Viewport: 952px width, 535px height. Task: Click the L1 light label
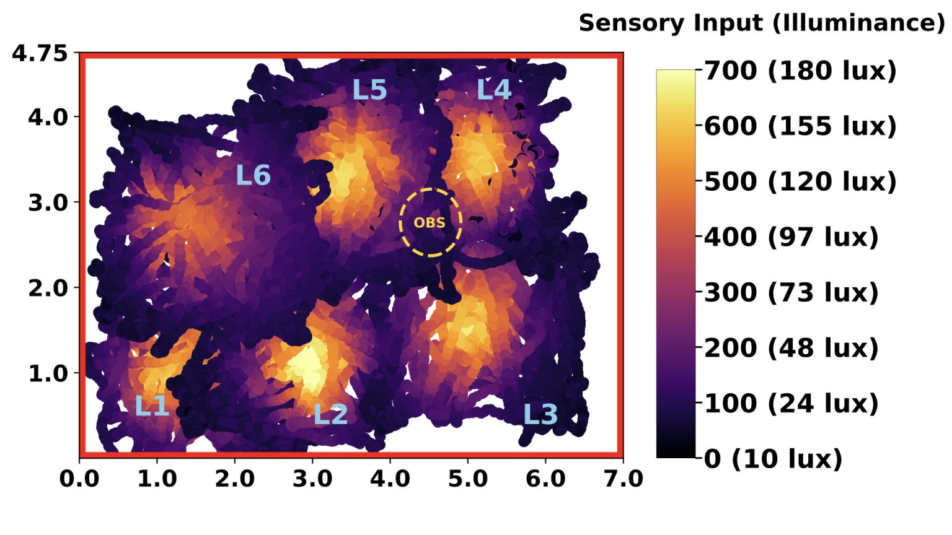tap(152, 406)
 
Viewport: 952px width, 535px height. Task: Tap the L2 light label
tap(330, 414)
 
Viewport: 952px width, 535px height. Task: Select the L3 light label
tap(540, 414)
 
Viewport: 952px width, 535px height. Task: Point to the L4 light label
tap(494, 90)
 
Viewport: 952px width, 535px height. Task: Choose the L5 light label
tap(369, 90)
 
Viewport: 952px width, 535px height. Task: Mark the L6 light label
tap(253, 176)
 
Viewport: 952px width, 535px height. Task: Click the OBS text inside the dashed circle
tap(430, 223)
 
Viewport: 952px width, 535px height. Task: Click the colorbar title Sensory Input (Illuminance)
tap(762, 23)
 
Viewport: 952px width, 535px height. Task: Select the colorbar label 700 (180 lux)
tap(800, 71)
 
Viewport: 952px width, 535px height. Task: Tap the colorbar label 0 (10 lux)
tap(773, 459)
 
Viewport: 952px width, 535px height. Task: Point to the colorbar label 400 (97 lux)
tap(791, 237)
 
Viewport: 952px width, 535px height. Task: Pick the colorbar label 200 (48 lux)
tap(791, 348)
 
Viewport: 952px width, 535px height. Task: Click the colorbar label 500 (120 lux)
tap(800, 181)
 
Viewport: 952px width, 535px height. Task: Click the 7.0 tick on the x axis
tap(622, 479)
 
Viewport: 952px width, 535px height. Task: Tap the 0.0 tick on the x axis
tap(79, 479)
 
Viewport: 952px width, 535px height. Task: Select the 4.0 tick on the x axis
tap(390, 479)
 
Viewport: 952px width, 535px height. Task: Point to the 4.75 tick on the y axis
tap(40, 53)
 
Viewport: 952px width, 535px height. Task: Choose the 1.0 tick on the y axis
tap(48, 373)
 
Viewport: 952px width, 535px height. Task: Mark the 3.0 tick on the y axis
tap(48, 202)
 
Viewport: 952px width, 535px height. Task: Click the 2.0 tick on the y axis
tap(48, 288)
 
